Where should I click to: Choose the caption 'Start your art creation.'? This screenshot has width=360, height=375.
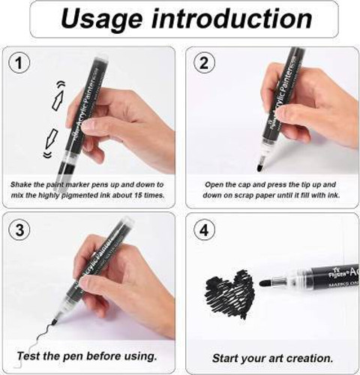270,358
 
